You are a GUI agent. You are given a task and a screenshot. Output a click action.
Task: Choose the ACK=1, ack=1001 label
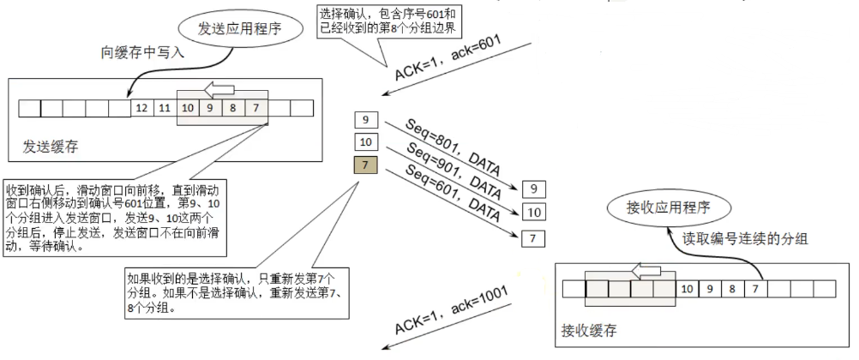pyautogui.click(x=452, y=309)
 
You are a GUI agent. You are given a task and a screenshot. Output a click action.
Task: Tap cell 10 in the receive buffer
pyautogui.click(x=688, y=289)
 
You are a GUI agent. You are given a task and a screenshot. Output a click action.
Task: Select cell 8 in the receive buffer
pyautogui.click(x=734, y=289)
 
